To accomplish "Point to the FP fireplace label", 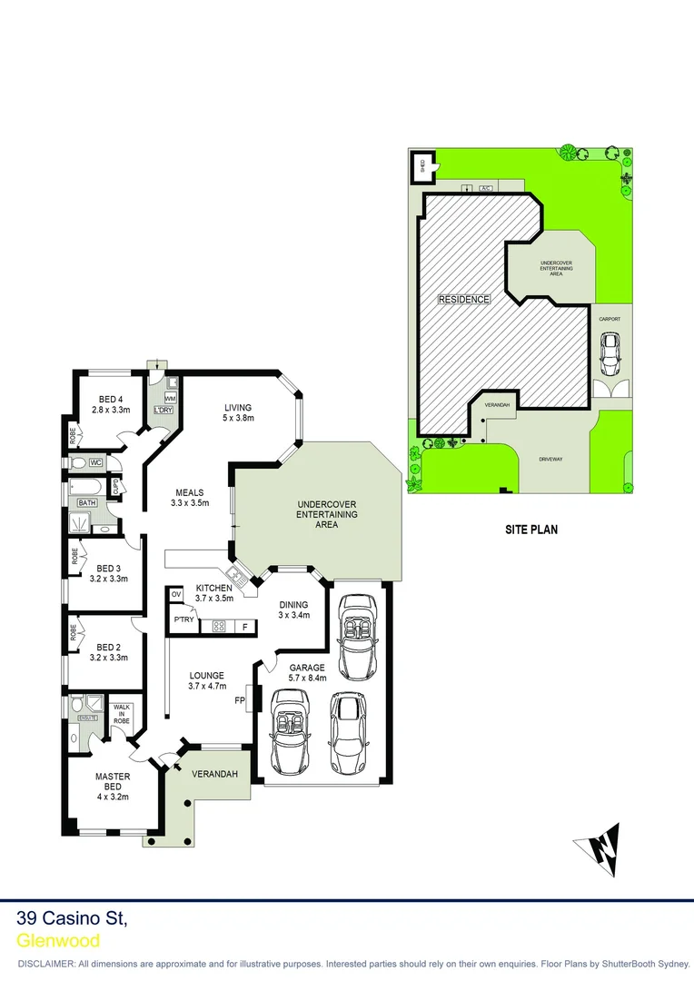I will pyautogui.click(x=239, y=700).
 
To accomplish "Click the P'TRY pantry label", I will pyautogui.click(x=184, y=620).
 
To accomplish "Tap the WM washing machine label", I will pyautogui.click(x=170, y=399).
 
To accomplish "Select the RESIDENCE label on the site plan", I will pyautogui.click(x=464, y=300).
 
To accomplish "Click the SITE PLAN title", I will pyautogui.click(x=531, y=528).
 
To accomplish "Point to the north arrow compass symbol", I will pyautogui.click(x=599, y=847).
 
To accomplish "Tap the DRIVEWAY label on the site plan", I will pyautogui.click(x=550, y=460).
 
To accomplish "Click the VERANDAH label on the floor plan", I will pyautogui.click(x=215, y=774).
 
